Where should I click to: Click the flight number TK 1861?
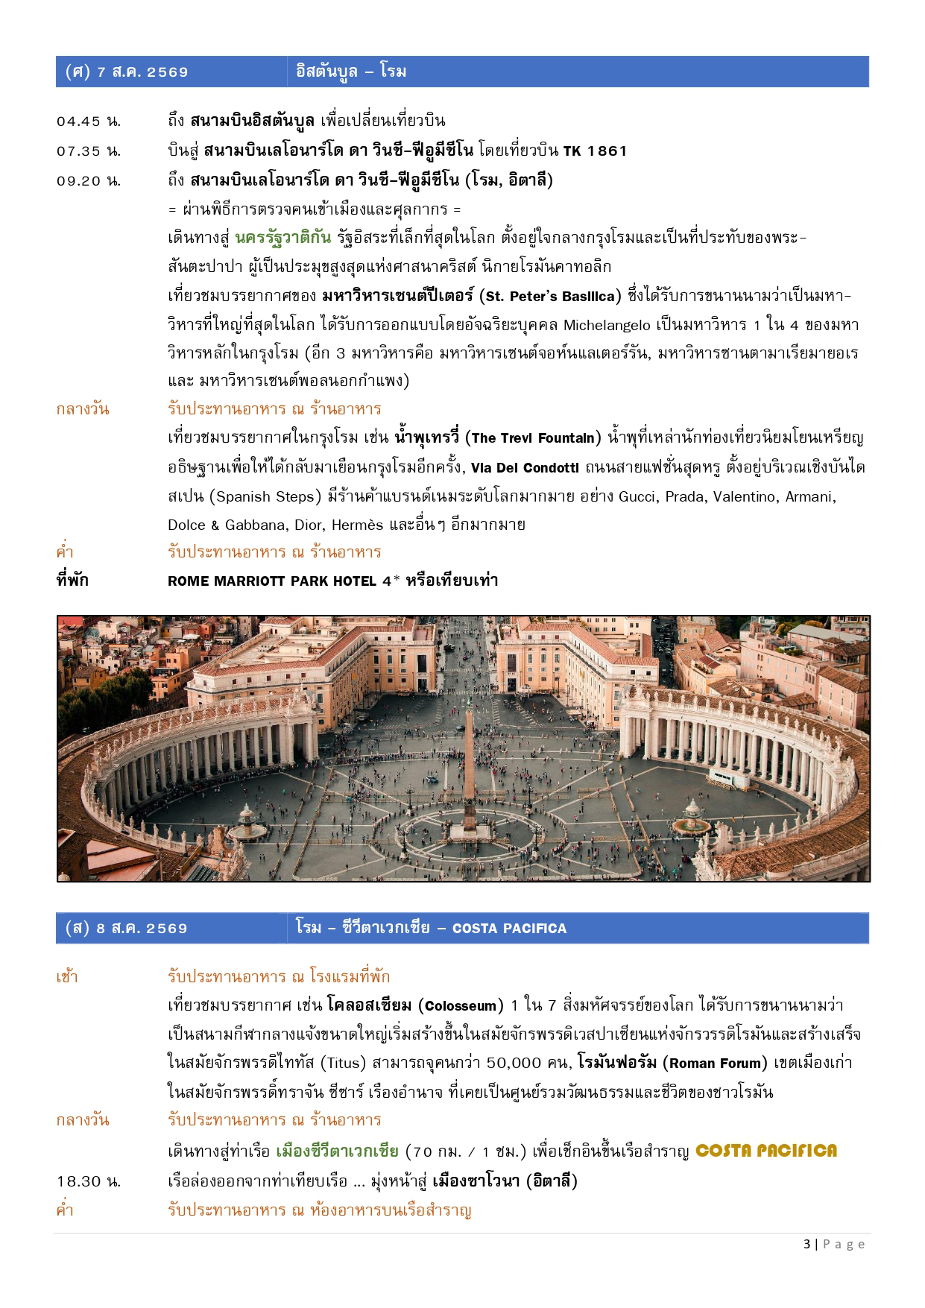tap(595, 151)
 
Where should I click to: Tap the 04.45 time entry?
tap(88, 121)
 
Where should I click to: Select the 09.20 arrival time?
tap(88, 181)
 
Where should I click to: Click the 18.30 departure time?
tap(88, 1182)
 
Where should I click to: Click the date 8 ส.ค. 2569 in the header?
tap(142, 929)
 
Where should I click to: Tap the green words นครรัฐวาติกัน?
tap(283, 238)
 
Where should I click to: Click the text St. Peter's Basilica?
tap(550, 297)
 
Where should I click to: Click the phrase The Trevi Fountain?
tap(533, 438)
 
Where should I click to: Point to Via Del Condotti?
tap(525, 468)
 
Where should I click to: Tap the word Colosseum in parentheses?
tap(460, 1006)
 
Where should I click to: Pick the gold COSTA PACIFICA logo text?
tap(765, 1151)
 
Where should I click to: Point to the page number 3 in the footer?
tap(808, 1245)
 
